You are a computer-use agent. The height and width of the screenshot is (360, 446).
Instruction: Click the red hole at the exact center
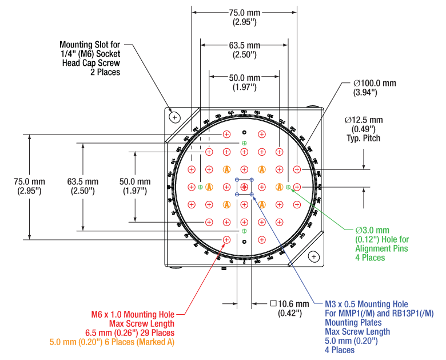point(244,187)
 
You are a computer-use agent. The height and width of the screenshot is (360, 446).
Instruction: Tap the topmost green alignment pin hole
point(244,143)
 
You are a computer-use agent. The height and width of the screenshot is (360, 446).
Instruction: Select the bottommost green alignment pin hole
point(244,231)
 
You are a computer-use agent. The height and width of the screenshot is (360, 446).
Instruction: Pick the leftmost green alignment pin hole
point(200,187)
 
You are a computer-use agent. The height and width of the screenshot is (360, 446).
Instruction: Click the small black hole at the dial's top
point(244,132)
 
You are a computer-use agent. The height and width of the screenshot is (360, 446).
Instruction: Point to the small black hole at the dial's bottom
point(244,242)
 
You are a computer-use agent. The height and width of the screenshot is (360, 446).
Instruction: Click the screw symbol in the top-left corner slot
point(175,117)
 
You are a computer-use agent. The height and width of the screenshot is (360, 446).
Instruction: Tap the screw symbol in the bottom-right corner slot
point(314,256)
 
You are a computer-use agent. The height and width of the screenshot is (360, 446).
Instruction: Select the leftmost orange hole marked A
point(209,187)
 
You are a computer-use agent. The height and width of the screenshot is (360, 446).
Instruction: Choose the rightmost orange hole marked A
point(279,187)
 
